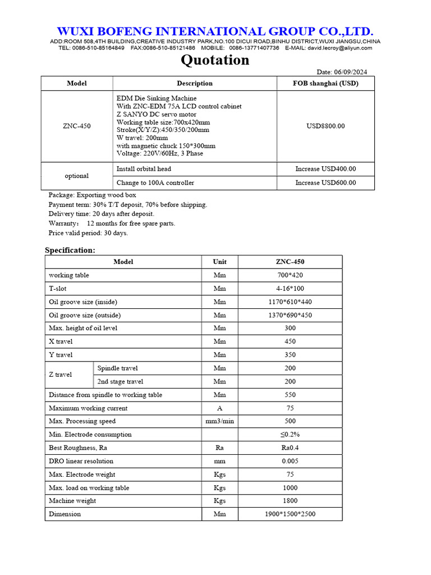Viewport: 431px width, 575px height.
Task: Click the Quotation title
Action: pyautogui.click(x=215, y=60)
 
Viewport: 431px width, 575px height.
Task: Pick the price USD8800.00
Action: pyautogui.click(x=325, y=126)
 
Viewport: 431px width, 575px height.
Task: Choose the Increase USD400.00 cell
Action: pyautogui.click(x=325, y=169)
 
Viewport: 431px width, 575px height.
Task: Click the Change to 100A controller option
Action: pyautogui.click(x=155, y=182)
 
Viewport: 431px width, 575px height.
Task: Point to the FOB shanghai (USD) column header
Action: pyautogui.click(x=325, y=83)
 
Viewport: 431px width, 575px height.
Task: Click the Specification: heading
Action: pyautogui.click(x=70, y=250)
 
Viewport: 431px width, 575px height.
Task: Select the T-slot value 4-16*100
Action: pyautogui.click(x=290, y=289)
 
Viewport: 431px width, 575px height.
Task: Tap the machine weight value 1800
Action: pyautogui.click(x=290, y=501)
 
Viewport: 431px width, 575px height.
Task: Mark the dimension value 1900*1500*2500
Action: pyautogui.click(x=290, y=514)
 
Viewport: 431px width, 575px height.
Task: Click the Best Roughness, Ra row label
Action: pyautogui.click(x=78, y=448)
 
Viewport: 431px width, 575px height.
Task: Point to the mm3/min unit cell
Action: pyautogui.click(x=219, y=421)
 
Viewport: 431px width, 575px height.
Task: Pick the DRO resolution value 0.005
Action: pyautogui.click(x=290, y=461)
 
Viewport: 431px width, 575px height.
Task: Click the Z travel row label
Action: pyautogui.click(x=61, y=375)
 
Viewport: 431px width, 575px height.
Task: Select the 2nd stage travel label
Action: pyautogui.click(x=120, y=382)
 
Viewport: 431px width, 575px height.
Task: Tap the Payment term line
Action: pyautogui.click(x=127, y=204)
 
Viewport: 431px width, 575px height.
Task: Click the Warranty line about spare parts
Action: pyautogui.click(x=112, y=223)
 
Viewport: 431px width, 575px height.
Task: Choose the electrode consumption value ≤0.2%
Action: pyautogui.click(x=290, y=435)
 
